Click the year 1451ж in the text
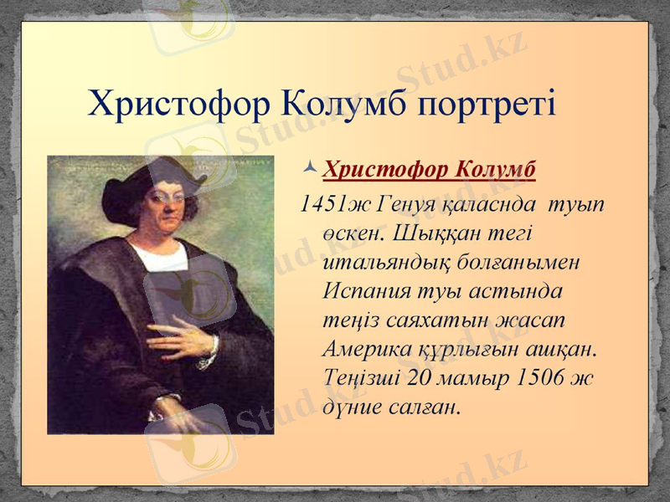point(334,202)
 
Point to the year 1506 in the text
point(541,376)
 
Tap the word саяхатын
point(431,319)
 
